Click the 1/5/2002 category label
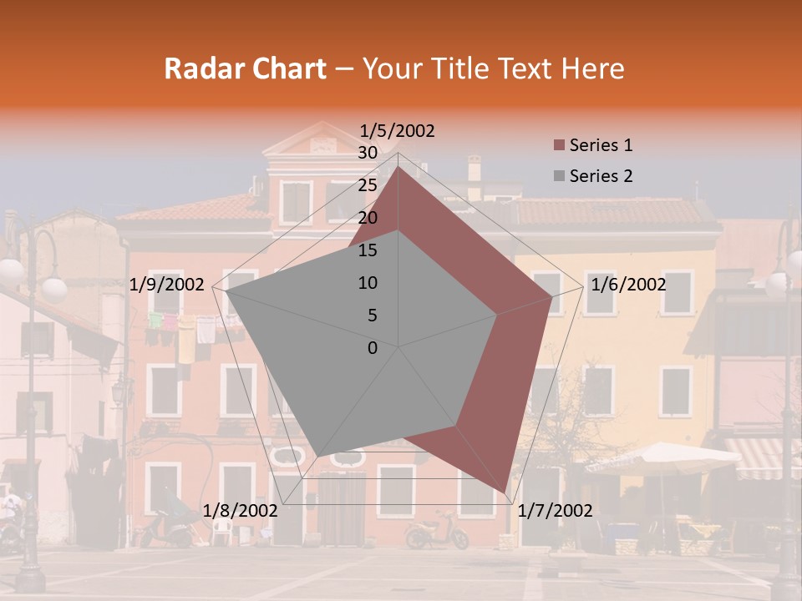point(398,131)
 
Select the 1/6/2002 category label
point(628,285)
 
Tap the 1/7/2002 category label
point(555,511)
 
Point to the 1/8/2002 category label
point(241,511)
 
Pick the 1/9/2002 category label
point(167,285)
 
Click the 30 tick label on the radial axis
point(368,153)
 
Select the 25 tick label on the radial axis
point(368,185)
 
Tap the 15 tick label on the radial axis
point(368,250)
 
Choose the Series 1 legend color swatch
point(560,146)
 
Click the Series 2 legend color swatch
point(560,177)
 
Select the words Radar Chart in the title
point(245,69)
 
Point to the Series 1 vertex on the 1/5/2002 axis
point(398,166)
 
